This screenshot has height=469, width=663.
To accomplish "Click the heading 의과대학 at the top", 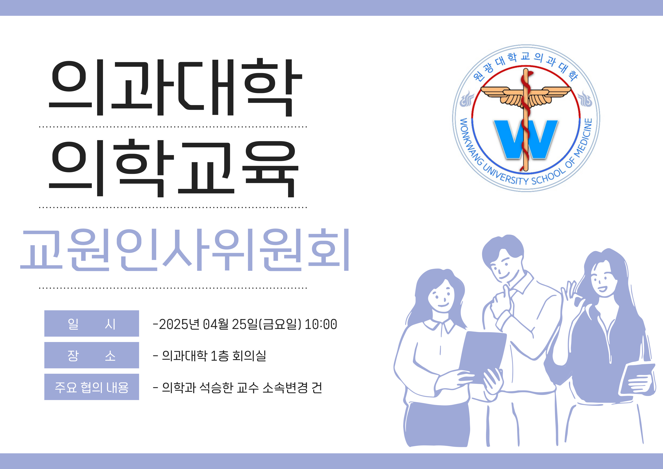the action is pyautogui.click(x=175, y=87).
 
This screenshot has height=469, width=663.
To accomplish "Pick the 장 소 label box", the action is pyautogui.click(x=92, y=355).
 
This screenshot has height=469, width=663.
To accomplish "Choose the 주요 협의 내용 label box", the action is pyautogui.click(x=92, y=387).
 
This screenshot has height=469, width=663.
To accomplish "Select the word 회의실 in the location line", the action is pyautogui.click(x=249, y=356).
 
